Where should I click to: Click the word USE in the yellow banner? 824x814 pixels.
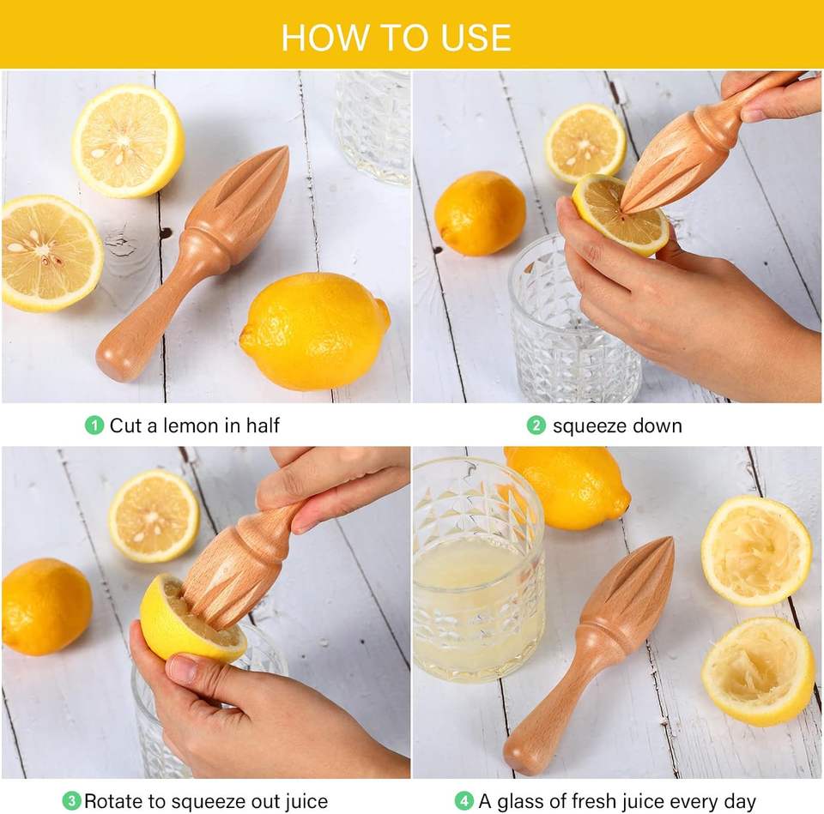pyautogui.click(x=476, y=38)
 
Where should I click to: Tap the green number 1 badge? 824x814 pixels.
pyautogui.click(x=94, y=425)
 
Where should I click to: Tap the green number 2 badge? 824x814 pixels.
pyautogui.click(x=536, y=425)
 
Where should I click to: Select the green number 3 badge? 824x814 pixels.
pyautogui.click(x=71, y=801)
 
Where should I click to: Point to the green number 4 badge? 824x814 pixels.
pyautogui.click(x=464, y=801)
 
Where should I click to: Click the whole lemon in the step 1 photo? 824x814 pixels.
pyautogui.click(x=315, y=331)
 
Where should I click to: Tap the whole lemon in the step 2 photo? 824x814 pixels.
pyautogui.click(x=481, y=214)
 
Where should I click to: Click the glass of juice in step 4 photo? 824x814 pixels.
pyautogui.click(x=478, y=570)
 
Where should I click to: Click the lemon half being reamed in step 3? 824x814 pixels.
pyautogui.click(x=191, y=618)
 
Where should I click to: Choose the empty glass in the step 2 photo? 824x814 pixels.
pyautogui.click(x=575, y=315)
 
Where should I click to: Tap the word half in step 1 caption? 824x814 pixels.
pyautogui.click(x=263, y=425)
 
